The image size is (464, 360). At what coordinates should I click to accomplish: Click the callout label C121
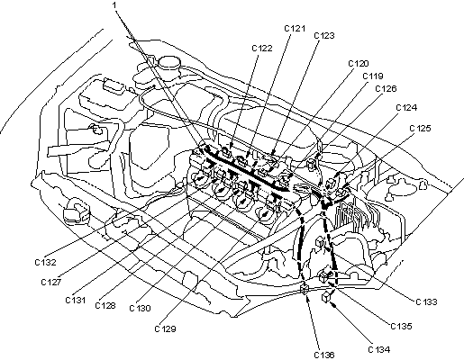[295, 29]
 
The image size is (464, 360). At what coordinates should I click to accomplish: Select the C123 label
[324, 36]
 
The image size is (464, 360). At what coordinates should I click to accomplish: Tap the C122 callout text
[262, 49]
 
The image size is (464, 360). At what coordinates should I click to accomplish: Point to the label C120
[359, 64]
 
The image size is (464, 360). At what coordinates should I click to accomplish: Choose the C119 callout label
[373, 76]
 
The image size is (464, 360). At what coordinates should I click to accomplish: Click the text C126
[386, 89]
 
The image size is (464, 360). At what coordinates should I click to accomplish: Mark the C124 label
[406, 108]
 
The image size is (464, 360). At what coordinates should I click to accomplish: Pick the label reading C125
[420, 129]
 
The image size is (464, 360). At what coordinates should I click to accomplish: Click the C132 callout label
[45, 263]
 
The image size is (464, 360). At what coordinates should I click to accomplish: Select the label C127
[51, 283]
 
